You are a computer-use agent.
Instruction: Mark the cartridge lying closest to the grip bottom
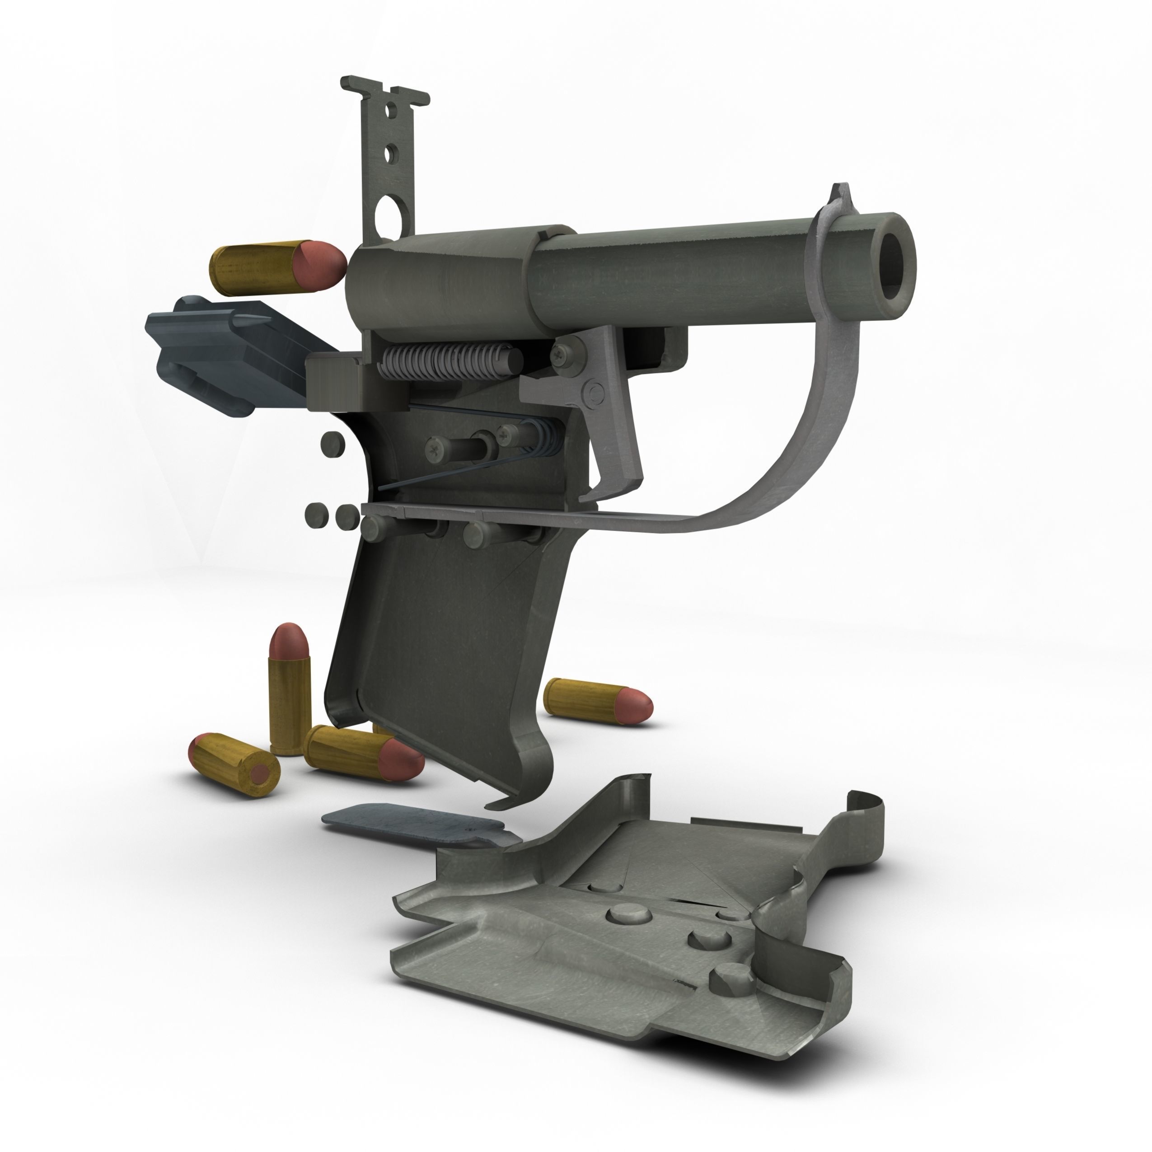coord(364,755)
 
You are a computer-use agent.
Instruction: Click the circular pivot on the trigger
coord(595,393)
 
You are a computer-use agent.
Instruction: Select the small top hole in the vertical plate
coord(390,110)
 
